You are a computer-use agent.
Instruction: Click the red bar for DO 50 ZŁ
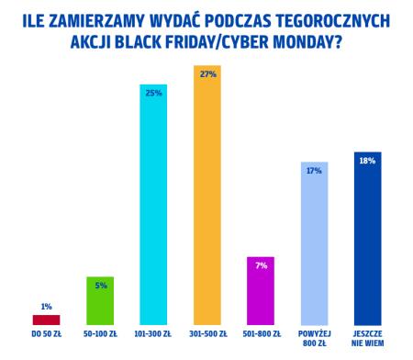(46, 321)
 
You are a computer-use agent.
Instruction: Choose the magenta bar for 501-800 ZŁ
(261, 291)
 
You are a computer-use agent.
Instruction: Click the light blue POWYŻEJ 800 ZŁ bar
(314, 248)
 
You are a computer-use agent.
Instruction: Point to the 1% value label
(46, 307)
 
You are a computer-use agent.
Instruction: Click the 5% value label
(99, 285)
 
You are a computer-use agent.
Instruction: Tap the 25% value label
(152, 92)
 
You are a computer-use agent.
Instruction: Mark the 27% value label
(206, 74)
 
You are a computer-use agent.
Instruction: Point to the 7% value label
(261, 264)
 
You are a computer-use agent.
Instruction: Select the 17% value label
(314, 170)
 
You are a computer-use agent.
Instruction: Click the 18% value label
(367, 161)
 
